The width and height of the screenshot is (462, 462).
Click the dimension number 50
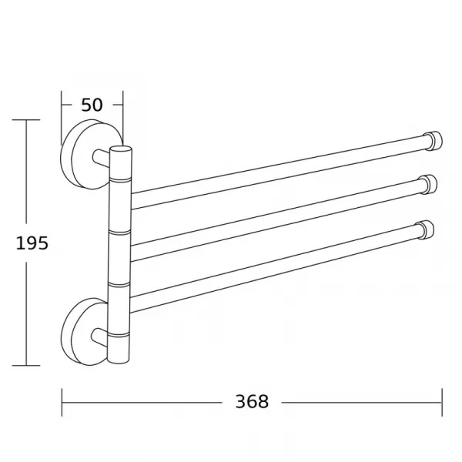coord(92,105)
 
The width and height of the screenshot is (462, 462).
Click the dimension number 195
coord(32,243)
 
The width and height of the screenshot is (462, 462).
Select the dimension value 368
coord(252,401)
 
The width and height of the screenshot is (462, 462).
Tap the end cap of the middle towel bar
coord(430,185)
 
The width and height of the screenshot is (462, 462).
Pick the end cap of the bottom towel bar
coord(426,229)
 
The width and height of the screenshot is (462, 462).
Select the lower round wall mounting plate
coord(83,332)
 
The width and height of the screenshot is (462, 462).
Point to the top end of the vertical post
coord(121,149)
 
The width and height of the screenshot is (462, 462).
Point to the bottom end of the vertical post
coord(118,360)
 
